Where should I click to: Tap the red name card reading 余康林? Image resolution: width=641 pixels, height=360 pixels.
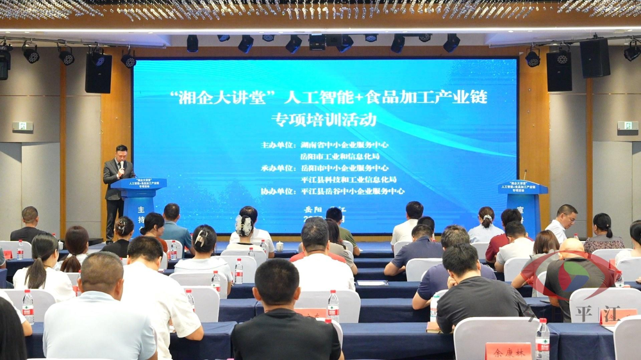pos(508,350)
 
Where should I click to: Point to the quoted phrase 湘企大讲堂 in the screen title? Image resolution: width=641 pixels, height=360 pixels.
pos(224,97)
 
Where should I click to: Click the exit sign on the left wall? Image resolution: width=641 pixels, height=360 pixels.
pos(22,126)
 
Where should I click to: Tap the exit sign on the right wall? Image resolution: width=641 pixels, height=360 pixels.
pos(627,126)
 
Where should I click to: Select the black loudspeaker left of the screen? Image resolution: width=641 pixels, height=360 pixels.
pos(98,73)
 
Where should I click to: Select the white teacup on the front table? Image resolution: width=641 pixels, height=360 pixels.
pos(279,246)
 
